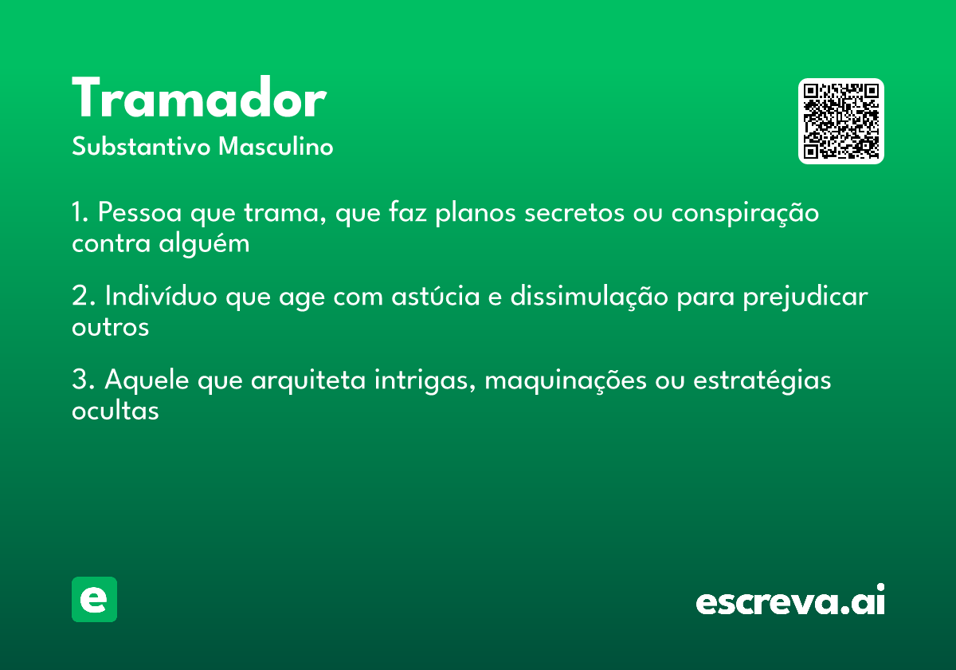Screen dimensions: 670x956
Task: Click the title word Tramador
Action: (x=199, y=100)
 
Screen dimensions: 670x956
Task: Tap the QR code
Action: (x=841, y=121)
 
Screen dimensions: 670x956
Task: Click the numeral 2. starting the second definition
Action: (x=83, y=297)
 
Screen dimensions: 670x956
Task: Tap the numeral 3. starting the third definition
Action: (x=83, y=380)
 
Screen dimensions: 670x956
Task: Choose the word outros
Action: (x=110, y=327)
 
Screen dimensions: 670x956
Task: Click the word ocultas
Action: (x=116, y=411)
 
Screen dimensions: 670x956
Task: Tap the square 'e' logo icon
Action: (x=94, y=599)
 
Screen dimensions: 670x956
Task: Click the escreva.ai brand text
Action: (x=790, y=601)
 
